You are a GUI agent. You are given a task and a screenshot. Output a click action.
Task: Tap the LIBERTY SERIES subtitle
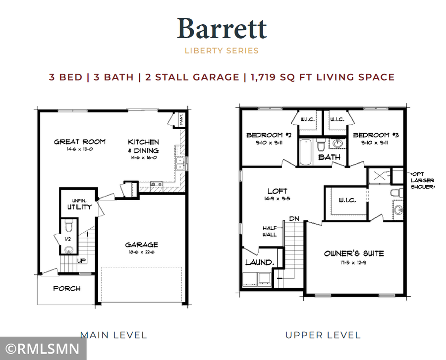point(222,51)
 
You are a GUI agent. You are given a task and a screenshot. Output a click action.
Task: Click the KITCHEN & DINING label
point(143,146)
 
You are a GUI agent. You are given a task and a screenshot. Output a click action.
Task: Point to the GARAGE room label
point(141,245)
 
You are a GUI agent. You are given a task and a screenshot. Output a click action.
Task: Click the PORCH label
point(67,288)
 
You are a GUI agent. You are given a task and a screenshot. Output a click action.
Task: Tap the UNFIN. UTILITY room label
point(79,204)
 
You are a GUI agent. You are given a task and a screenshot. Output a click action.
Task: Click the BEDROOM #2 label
point(265,135)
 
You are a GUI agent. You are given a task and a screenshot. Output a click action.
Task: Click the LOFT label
point(277,191)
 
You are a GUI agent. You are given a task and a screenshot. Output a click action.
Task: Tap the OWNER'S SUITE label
point(354,254)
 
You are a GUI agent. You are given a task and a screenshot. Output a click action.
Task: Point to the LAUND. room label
point(258,262)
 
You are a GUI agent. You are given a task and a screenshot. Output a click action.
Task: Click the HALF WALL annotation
point(270,231)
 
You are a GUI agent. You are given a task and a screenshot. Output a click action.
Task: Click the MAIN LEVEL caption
point(113,335)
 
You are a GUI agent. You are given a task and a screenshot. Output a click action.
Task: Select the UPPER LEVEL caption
point(323,335)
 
